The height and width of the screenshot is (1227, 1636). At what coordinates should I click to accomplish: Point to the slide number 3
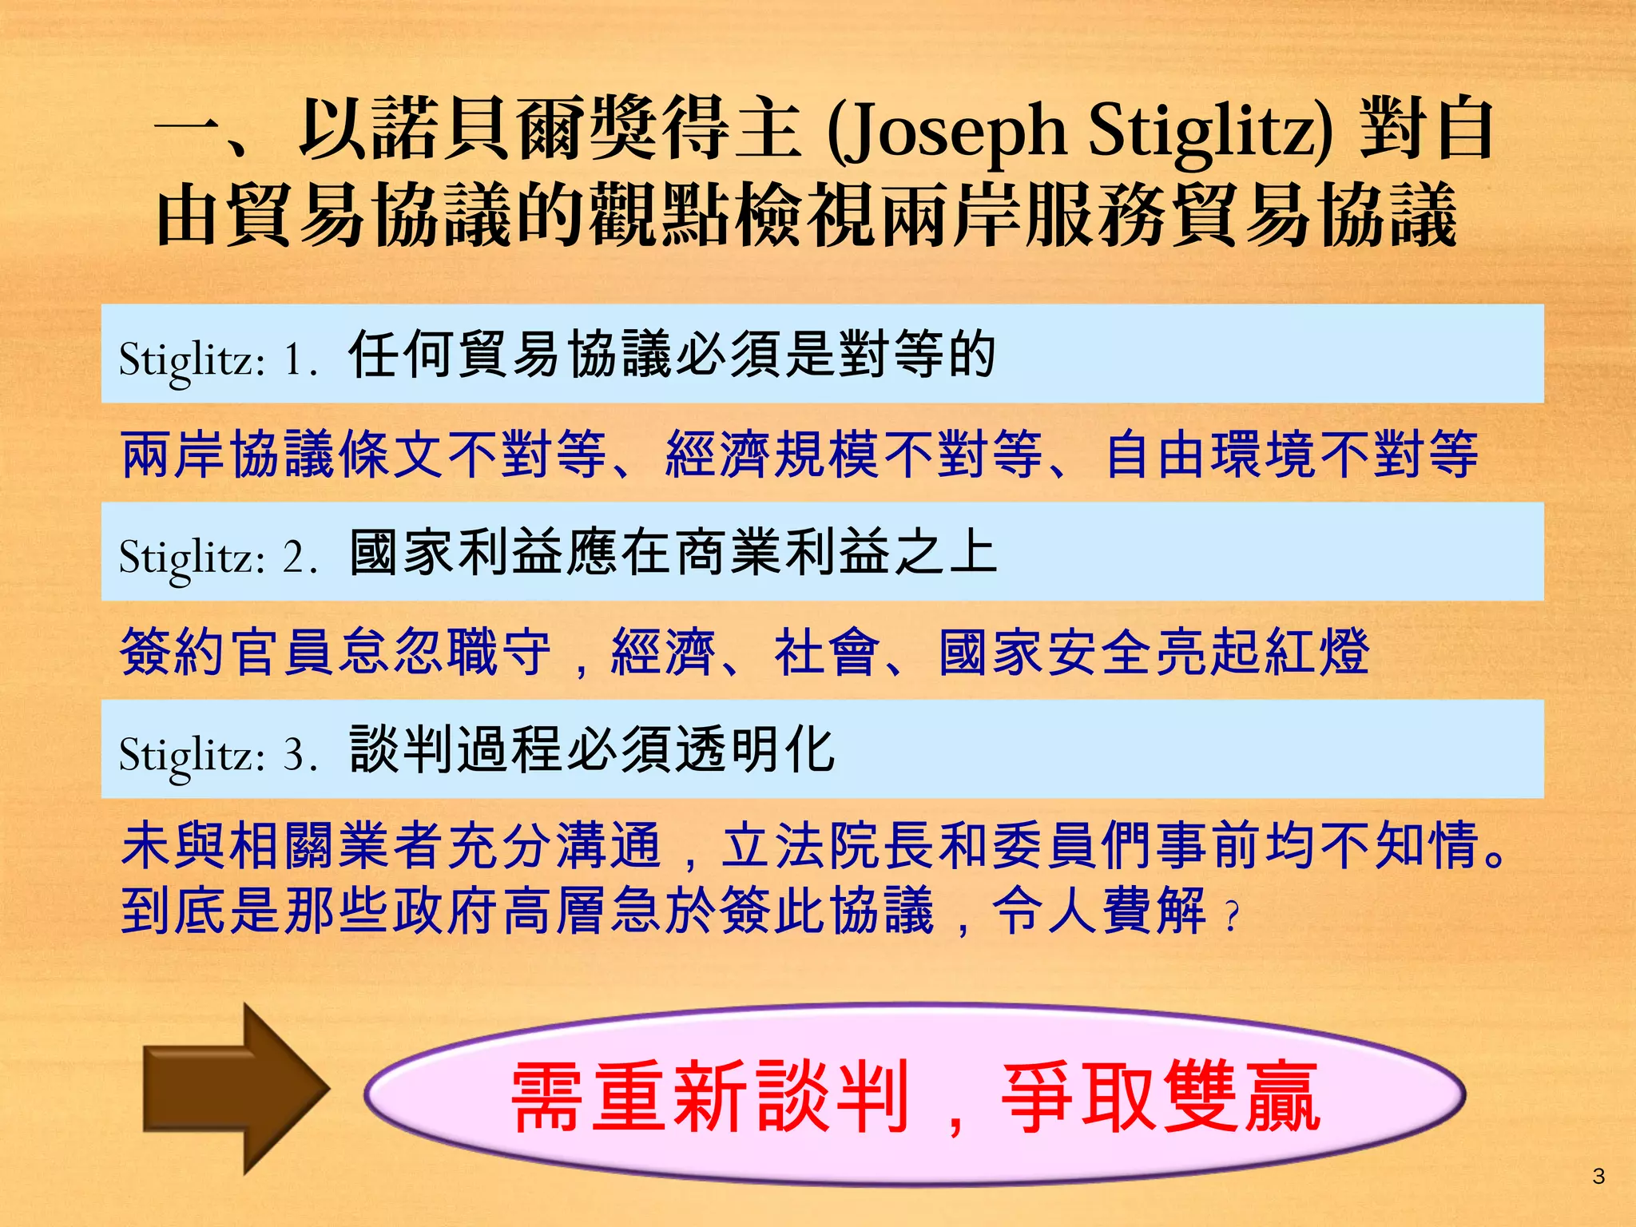tap(1598, 1176)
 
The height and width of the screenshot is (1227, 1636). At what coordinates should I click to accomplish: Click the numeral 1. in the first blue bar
tap(300, 359)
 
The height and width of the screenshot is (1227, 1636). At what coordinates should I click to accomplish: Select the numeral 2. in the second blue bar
tap(300, 556)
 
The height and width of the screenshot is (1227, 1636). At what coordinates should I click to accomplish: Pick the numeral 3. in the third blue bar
tap(300, 753)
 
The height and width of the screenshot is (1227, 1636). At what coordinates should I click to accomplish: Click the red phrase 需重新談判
tap(711, 1097)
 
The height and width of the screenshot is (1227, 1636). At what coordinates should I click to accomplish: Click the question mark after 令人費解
tap(1232, 916)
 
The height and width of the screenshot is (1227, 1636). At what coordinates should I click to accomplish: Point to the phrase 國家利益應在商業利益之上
tap(673, 553)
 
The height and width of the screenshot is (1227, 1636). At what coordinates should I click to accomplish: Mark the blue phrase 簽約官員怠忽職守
tap(336, 652)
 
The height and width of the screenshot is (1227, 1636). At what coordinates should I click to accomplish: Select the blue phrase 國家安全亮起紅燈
tap(1154, 652)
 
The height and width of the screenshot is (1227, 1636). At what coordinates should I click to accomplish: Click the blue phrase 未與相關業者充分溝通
tap(391, 846)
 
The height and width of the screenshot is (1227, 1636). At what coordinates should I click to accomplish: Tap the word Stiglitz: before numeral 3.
tap(192, 755)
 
